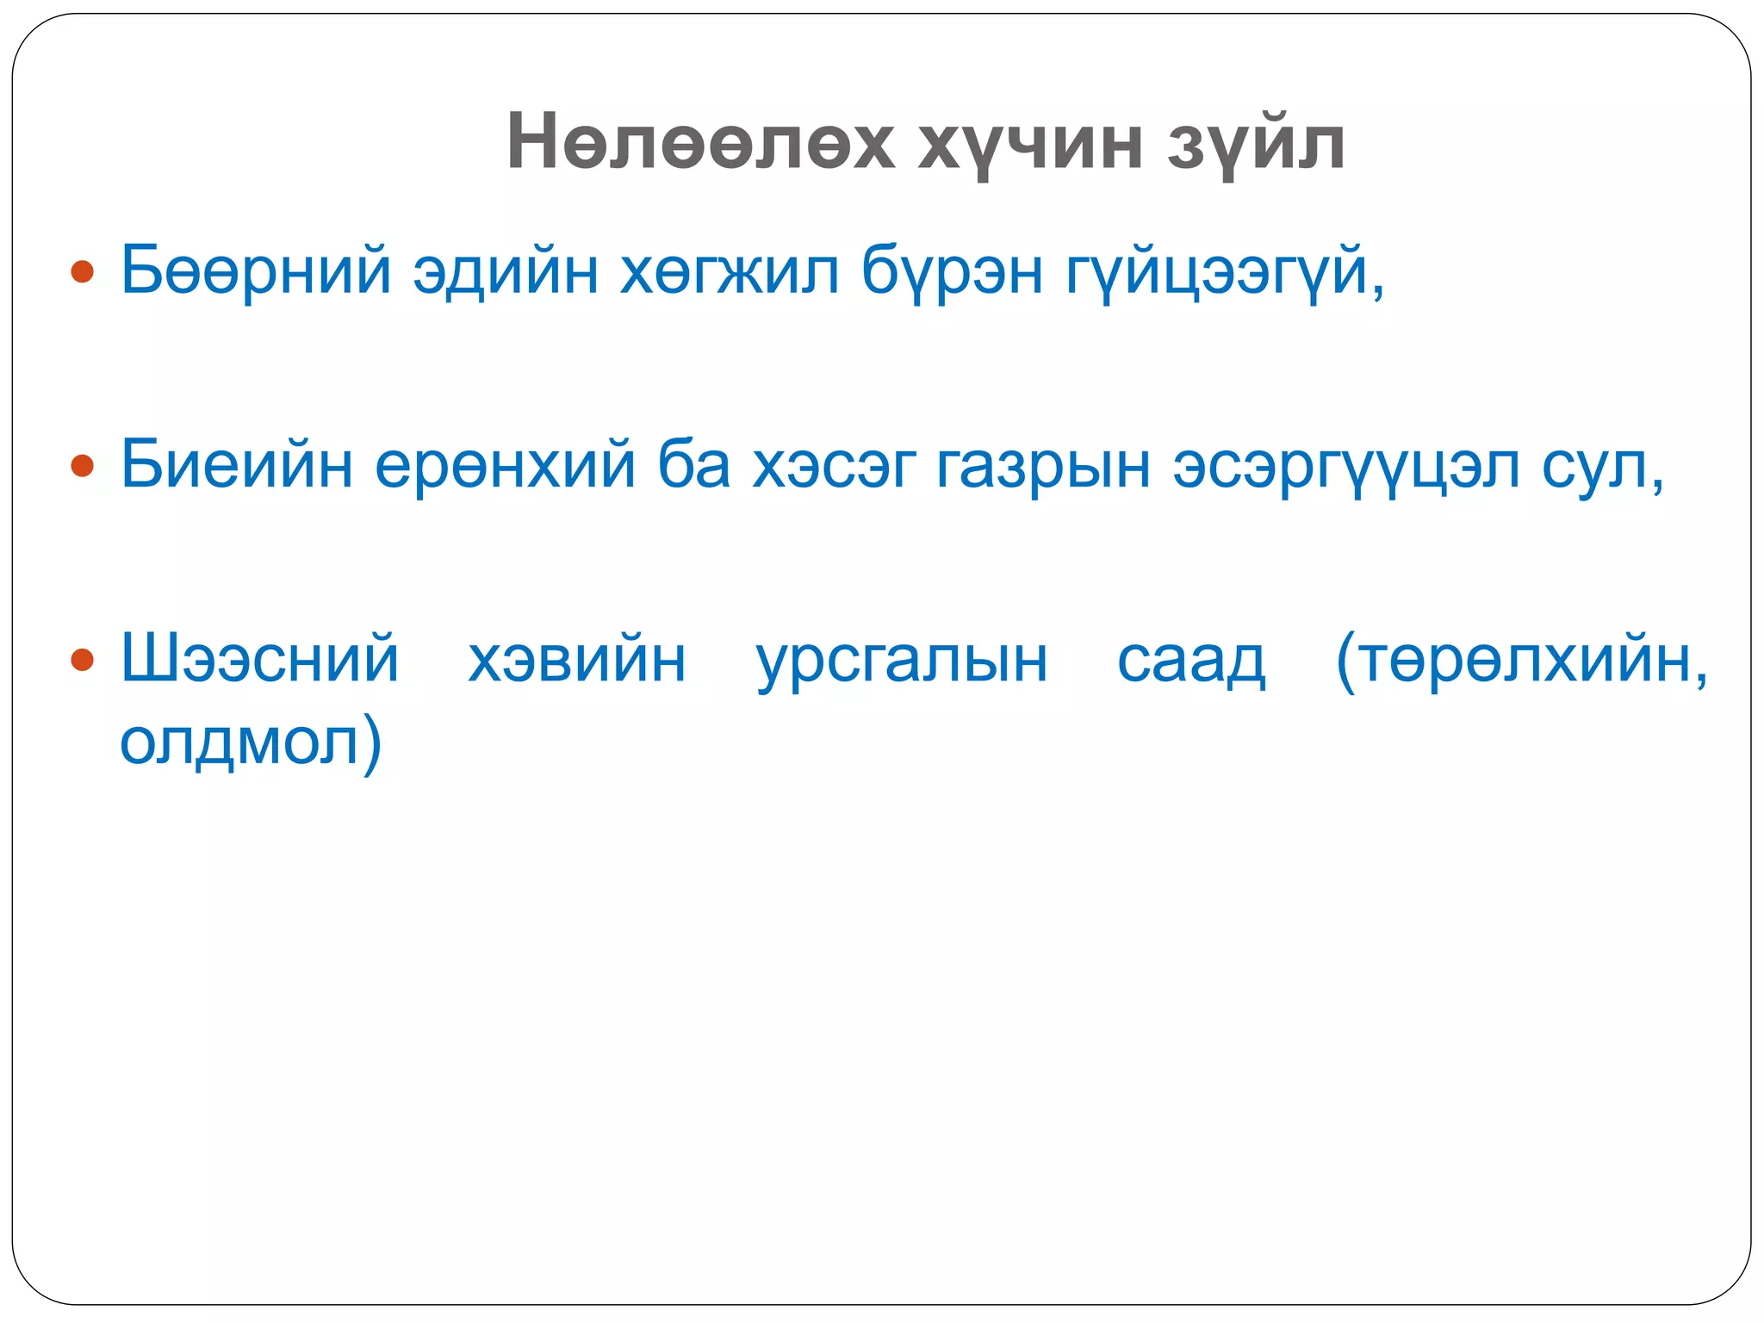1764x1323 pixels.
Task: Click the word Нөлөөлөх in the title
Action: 701,142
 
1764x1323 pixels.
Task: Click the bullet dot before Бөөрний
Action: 83,272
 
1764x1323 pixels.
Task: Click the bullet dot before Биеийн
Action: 83,466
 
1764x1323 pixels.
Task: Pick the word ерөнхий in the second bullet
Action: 506,466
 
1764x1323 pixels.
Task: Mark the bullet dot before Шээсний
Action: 83,660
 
